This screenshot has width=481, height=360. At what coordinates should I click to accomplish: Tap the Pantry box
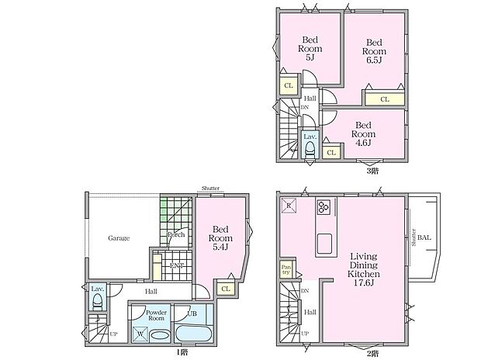click(285, 270)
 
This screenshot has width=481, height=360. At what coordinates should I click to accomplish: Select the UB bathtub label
click(192, 313)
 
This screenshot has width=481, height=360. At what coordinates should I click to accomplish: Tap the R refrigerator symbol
click(287, 206)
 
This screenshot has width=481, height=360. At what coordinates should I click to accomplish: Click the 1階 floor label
click(181, 352)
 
